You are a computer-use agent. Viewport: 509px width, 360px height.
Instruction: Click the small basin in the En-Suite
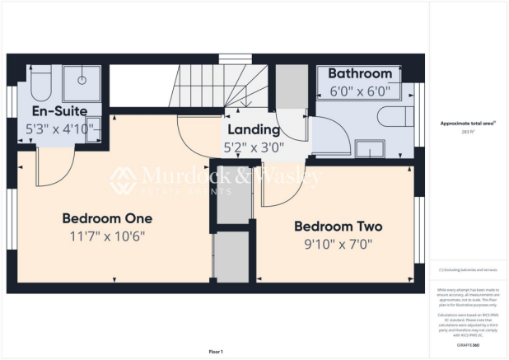tap(91, 129)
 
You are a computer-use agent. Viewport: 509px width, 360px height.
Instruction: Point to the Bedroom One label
tap(108, 218)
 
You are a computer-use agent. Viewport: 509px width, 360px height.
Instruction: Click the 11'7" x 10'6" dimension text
tap(108, 236)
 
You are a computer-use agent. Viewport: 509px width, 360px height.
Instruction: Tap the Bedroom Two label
tap(338, 226)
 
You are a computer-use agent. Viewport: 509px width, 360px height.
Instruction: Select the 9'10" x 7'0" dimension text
tap(338, 244)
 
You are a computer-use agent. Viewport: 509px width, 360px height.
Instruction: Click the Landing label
tap(254, 130)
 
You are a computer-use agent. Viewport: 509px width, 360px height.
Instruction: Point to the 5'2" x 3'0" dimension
tap(254, 148)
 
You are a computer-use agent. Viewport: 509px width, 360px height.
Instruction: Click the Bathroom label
tap(359, 74)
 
